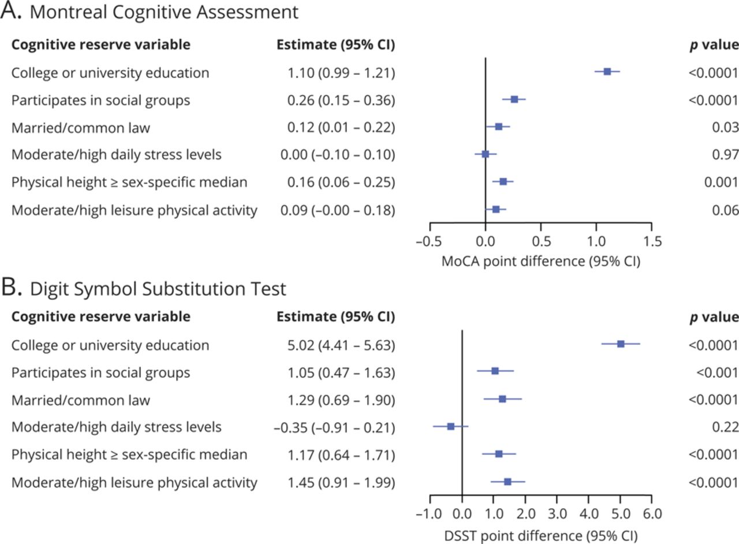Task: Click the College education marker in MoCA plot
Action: (607, 72)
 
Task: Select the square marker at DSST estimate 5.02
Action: (621, 344)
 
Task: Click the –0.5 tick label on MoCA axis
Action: (430, 240)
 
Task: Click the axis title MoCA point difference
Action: (541, 260)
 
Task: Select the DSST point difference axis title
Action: (541, 534)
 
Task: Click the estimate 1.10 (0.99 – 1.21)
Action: (341, 73)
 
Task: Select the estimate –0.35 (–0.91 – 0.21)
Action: (334, 427)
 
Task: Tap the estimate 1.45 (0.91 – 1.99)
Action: (341, 482)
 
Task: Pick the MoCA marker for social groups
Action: (514, 99)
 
